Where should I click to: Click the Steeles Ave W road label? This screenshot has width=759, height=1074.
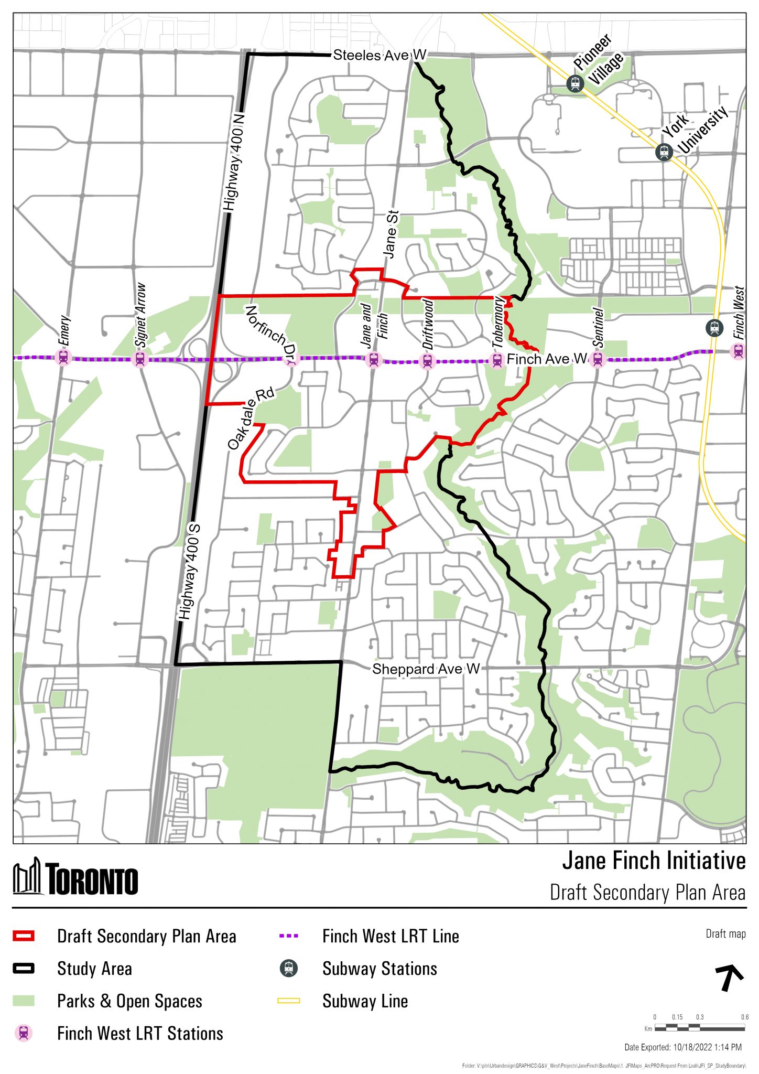[x=379, y=55]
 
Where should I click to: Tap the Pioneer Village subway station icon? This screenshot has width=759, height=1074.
[x=575, y=83]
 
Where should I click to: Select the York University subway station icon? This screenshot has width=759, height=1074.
[x=664, y=152]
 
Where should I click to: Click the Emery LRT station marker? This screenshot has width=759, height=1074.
[x=63, y=358]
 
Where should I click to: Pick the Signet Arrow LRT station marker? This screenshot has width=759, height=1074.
[x=140, y=359]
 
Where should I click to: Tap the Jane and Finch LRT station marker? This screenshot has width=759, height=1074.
[x=373, y=360]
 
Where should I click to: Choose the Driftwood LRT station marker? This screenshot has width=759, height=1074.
[x=427, y=361]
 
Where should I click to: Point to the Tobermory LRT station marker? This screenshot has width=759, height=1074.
[x=497, y=360]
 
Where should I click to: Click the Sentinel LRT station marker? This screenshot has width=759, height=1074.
[x=597, y=359]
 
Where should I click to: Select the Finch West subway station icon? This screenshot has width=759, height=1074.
[x=714, y=328]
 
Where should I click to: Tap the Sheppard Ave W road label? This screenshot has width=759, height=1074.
[x=426, y=669]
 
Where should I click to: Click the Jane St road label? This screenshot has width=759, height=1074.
[x=391, y=234]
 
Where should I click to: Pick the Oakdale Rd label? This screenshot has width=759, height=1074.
[x=251, y=418]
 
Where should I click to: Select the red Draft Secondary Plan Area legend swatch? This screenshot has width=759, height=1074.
[x=24, y=936]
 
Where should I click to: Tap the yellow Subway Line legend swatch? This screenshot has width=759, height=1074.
[x=288, y=1001]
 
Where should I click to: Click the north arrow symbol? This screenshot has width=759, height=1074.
[x=729, y=977]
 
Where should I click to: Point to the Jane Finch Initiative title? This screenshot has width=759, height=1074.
[x=653, y=861]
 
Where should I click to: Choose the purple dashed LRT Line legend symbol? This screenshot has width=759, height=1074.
[x=288, y=936]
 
